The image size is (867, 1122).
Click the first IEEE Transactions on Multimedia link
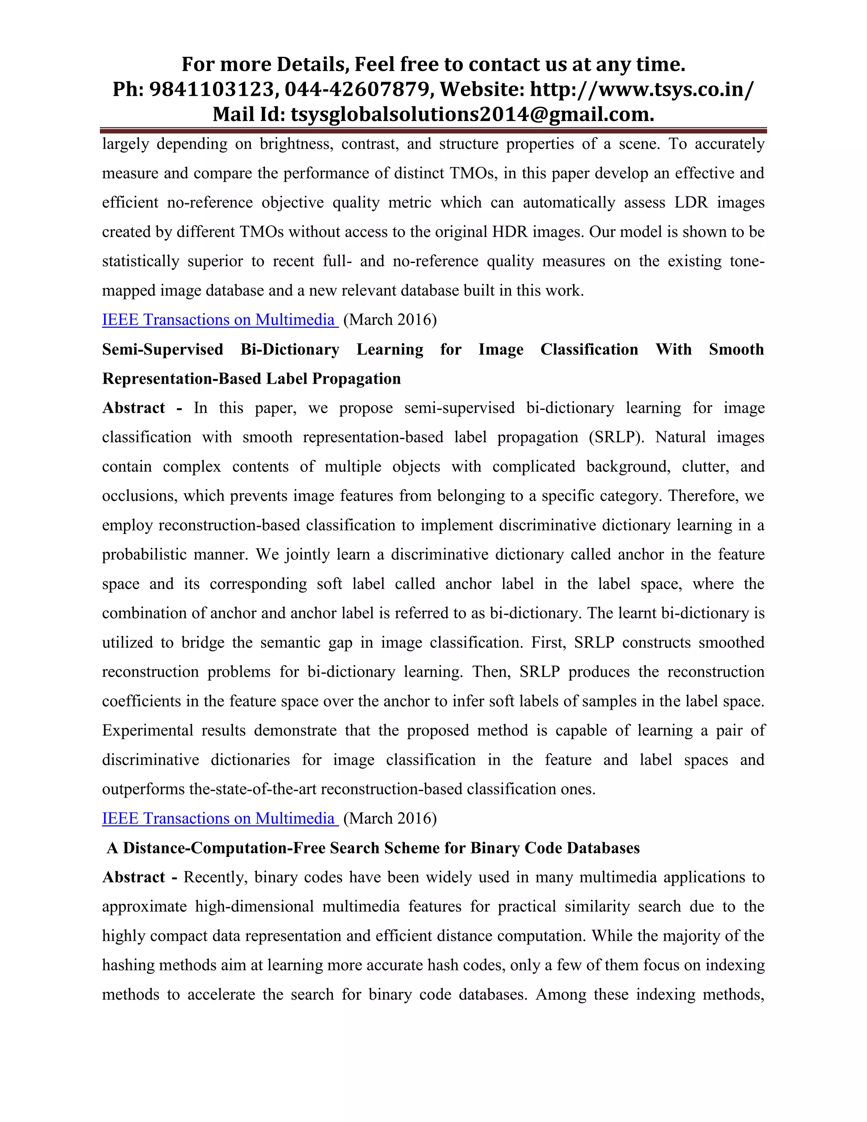(x=220, y=320)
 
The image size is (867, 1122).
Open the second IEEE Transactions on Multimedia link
(x=220, y=818)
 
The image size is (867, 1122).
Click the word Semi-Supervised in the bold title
(x=162, y=349)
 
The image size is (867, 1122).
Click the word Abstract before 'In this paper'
(x=133, y=408)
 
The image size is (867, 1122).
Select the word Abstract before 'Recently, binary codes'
(x=133, y=877)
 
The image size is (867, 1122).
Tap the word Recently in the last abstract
(x=216, y=877)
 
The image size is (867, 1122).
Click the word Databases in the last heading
(x=603, y=848)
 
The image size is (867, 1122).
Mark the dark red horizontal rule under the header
(x=433, y=130)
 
